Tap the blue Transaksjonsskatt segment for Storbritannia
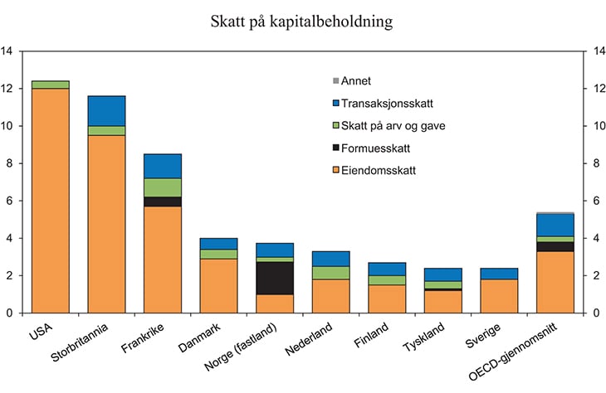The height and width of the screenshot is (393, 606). click(x=106, y=111)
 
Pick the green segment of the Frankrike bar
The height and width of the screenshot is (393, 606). click(x=163, y=187)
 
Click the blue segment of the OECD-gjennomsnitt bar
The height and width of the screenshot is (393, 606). click(x=555, y=226)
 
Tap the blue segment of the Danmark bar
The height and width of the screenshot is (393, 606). click(x=218, y=244)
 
